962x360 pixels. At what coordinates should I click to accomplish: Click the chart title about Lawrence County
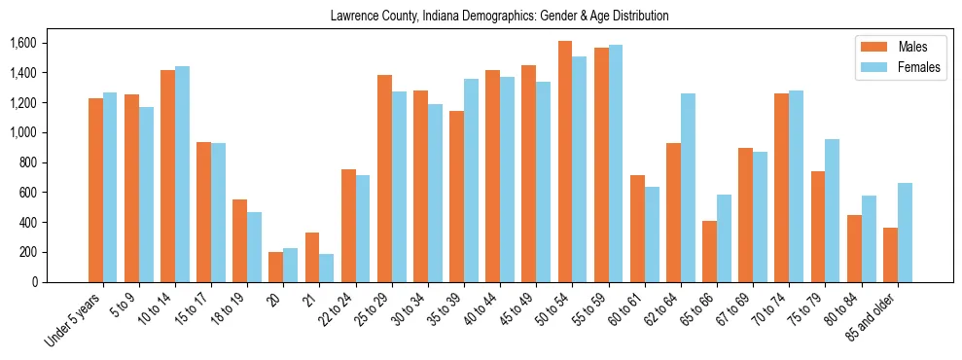tap(499, 17)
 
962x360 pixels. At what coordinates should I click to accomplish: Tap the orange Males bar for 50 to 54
tap(565, 162)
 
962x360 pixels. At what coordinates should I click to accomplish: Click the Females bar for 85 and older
tap(905, 233)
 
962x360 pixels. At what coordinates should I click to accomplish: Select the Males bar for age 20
tap(276, 267)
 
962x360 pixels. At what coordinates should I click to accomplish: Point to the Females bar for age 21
tap(327, 268)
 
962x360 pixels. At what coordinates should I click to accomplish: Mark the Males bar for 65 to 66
tap(710, 251)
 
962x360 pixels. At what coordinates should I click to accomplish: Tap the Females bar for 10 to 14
tap(182, 174)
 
